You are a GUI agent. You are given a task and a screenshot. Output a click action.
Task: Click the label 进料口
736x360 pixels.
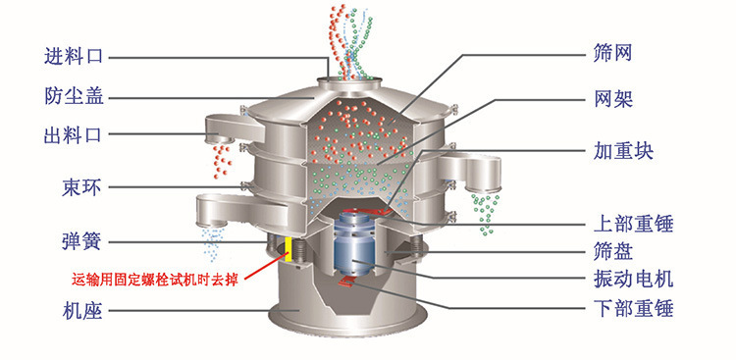74,55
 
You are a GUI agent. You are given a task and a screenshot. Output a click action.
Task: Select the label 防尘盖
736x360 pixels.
74,96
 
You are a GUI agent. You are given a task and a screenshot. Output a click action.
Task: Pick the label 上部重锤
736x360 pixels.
640,223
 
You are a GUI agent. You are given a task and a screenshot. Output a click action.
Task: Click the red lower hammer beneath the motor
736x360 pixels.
348,283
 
